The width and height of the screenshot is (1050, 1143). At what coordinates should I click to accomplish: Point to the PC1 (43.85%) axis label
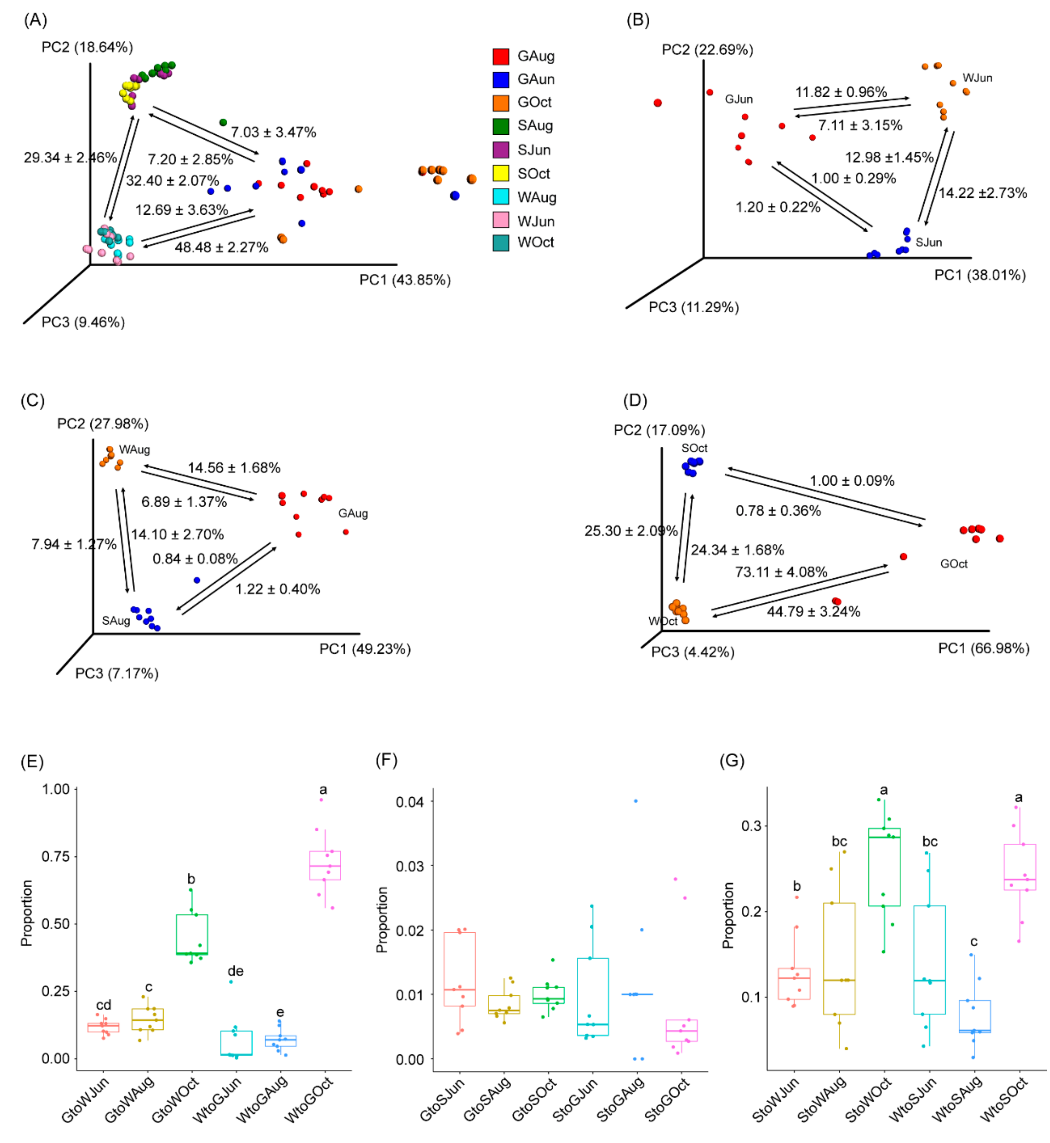click(x=404, y=280)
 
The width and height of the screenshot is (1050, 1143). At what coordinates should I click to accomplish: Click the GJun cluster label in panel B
click(x=738, y=100)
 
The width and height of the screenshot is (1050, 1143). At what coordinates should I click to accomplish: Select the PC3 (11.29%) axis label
click(x=693, y=307)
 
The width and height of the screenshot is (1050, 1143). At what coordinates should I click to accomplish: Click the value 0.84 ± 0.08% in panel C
click(x=195, y=559)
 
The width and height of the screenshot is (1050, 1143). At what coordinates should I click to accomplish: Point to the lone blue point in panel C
click(x=197, y=580)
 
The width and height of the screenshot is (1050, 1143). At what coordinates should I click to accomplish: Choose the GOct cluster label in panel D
click(x=953, y=564)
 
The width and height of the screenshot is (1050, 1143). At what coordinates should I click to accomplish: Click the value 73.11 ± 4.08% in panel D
click(x=781, y=572)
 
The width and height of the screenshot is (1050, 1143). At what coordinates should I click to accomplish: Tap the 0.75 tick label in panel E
click(x=55, y=857)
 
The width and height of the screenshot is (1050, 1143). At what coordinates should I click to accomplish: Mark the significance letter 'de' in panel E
click(x=235, y=971)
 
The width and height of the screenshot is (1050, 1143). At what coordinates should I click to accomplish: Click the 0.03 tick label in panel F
click(x=410, y=866)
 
